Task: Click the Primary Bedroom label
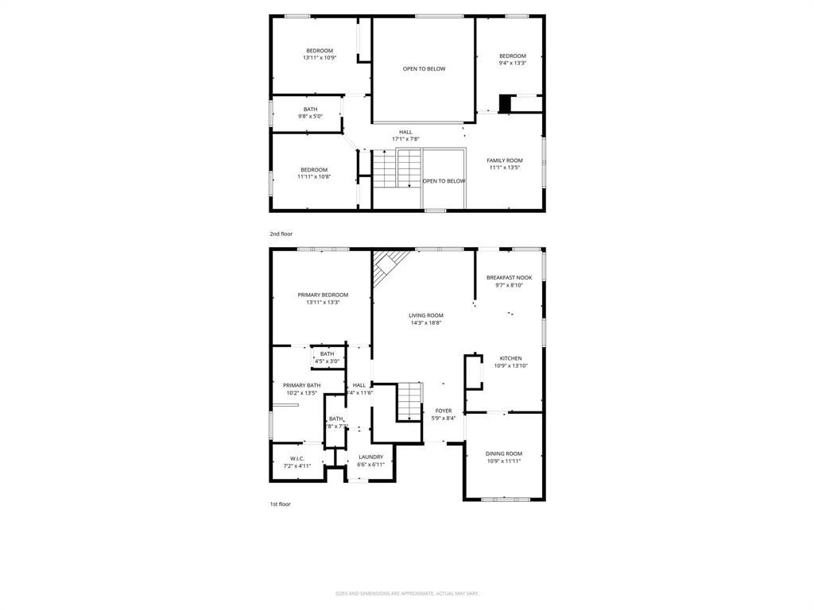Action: (323, 295)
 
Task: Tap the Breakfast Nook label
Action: (509, 278)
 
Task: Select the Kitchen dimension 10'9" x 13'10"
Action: (511, 366)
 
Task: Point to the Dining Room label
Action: (504, 454)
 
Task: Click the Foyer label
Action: (443, 411)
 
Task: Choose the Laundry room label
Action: (370, 457)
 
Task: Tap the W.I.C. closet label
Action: (297, 458)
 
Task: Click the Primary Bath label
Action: (301, 385)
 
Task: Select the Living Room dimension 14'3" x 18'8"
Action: (426, 322)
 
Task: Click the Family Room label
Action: (505, 160)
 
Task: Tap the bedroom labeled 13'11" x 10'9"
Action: (320, 54)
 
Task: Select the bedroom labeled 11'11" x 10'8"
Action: (314, 172)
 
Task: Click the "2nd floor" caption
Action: (280, 234)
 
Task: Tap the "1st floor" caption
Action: (280, 504)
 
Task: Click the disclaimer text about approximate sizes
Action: (406, 593)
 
